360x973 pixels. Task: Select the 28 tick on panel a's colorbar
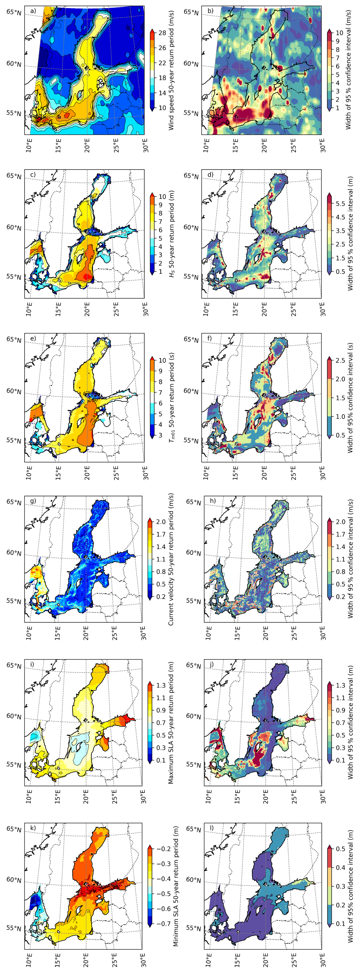coord(162,33)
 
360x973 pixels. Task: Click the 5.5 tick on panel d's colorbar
coord(340,204)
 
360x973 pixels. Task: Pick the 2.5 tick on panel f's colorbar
coord(340,360)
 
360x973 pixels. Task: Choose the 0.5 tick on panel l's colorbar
coord(340,849)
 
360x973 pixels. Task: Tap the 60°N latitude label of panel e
coord(14,391)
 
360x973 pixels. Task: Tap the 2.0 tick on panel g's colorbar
coord(161,522)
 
